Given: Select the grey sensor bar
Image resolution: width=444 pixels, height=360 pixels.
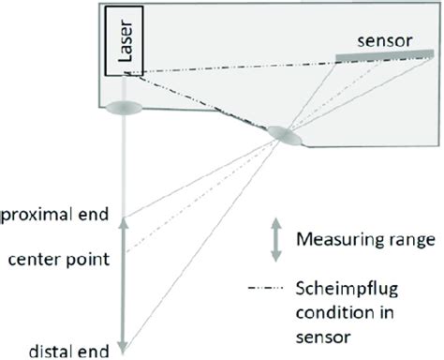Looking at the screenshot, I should (x=379, y=59).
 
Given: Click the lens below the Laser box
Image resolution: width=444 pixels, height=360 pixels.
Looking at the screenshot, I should (x=125, y=109).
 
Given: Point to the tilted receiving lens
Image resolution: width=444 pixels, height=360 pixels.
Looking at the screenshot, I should (x=285, y=137).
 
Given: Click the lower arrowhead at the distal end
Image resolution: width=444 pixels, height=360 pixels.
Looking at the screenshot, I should (x=125, y=347).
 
